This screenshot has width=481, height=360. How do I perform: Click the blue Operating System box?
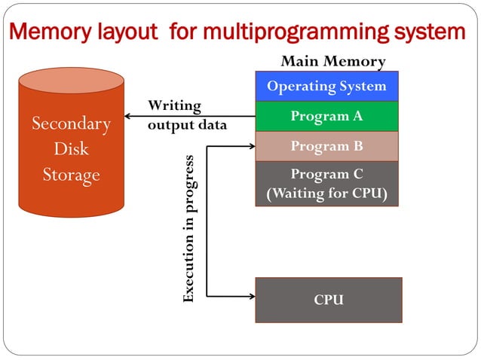(326, 86)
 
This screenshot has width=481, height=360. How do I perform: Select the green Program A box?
(326, 116)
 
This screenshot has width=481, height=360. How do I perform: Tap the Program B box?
(326, 146)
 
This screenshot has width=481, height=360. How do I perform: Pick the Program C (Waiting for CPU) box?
(326, 183)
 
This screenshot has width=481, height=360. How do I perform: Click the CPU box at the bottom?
(328, 300)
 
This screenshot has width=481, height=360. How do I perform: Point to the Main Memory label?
(332, 62)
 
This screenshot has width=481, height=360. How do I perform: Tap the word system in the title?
(433, 32)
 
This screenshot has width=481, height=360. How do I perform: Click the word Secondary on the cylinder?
(71, 124)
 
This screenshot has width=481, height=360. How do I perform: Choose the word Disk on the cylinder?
(71, 149)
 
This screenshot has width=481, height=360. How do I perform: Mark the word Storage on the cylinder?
(71, 175)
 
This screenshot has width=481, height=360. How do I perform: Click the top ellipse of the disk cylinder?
(71, 81)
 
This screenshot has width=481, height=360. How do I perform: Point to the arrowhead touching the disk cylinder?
(128, 116)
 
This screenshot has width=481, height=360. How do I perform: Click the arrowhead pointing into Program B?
(251, 146)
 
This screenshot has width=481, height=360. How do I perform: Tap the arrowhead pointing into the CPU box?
(251, 296)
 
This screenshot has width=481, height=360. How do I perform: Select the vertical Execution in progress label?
(189, 229)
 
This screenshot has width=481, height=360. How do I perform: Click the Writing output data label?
(186, 114)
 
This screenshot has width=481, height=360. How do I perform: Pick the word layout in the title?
(126, 32)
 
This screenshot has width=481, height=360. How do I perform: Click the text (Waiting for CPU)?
(326, 194)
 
